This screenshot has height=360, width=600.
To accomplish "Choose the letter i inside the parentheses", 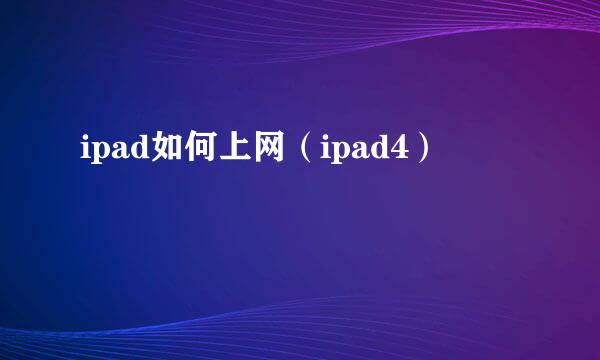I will pyautogui.click(x=326, y=153).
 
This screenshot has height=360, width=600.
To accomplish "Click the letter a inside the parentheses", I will pyautogui.click(x=361, y=154).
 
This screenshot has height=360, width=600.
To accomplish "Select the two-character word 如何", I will pyautogui.click(x=182, y=152).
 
